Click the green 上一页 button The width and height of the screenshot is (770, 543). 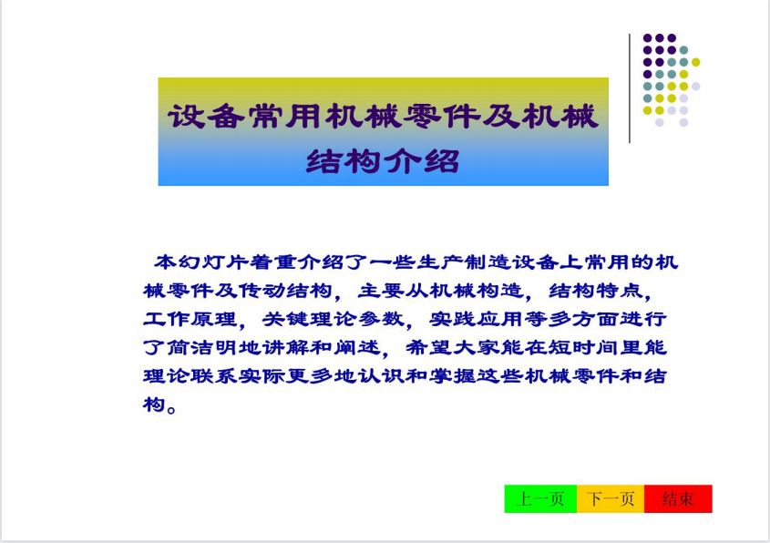tap(540, 499)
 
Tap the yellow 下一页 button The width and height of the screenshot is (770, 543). tap(611, 499)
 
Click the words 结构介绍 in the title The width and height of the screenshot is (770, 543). tap(383, 161)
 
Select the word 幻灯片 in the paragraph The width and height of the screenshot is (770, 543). tap(213, 261)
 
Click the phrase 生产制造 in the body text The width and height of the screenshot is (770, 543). tap(464, 261)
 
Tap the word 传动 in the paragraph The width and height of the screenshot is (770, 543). tap(262, 290)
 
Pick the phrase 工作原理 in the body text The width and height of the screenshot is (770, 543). tap(190, 319)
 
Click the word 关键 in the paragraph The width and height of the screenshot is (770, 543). tap(285, 319)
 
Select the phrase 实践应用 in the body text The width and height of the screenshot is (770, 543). tap(476, 319)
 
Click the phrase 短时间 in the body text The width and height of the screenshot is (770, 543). tap(583, 348)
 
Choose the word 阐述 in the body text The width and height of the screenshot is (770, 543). tap(357, 348)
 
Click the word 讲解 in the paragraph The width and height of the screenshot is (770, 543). tap(285, 348)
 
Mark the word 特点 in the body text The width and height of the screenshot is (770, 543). tap(619, 290)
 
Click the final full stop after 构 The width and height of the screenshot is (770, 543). tap(171, 408)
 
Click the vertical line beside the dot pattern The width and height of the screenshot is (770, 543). tap(630, 88)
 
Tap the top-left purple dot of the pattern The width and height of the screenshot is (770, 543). tap(647, 37)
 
